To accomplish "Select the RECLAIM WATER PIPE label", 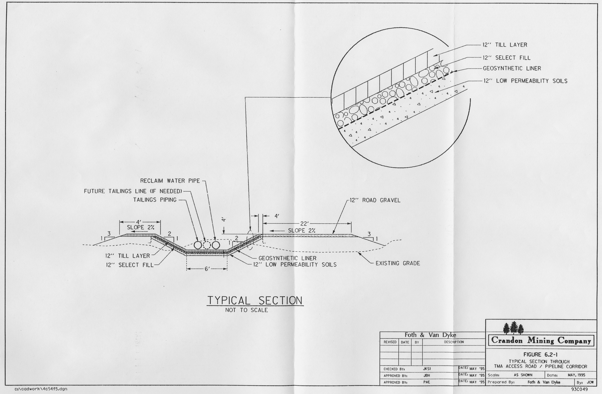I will tap(170, 181).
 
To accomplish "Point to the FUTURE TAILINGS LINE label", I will tap(133, 191).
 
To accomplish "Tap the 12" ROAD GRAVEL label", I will tap(375, 200).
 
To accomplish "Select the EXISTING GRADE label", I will tap(398, 263).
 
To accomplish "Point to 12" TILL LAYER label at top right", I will tap(505, 45).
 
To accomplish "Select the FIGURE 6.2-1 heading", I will tap(540, 355).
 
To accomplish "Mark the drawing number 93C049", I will tap(579, 389).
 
